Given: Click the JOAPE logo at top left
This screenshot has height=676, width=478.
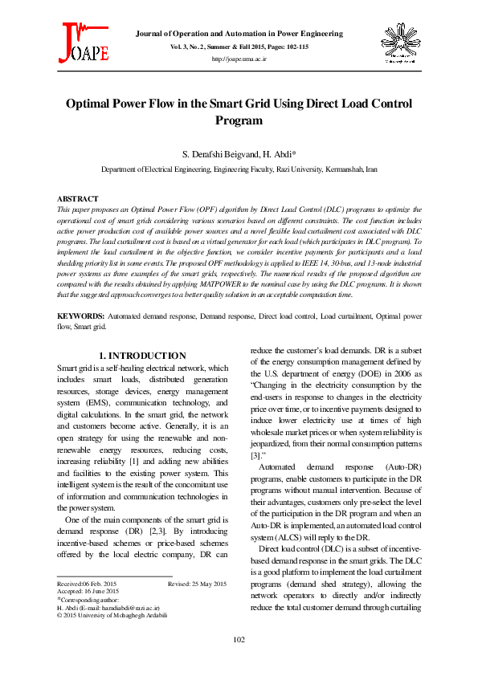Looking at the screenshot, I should coord(83,43).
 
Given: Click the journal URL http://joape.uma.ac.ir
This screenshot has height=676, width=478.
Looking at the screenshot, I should coord(239,59).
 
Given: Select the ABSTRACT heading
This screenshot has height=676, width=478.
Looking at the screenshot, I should coord(78,198).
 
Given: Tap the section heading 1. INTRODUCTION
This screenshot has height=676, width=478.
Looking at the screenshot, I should coord(142,356).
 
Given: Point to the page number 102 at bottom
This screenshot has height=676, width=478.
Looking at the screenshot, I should coord(239,639).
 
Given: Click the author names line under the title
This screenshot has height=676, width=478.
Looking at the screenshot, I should coord(239,153).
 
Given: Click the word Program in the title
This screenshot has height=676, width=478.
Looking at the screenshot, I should coord(239,120).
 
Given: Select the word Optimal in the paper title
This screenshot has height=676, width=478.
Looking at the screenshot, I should coord(91,104).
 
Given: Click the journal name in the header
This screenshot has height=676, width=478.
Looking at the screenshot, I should coord(239,34).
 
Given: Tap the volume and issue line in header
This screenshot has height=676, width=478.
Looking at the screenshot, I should coord(239,47).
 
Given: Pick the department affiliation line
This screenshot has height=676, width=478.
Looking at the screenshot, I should coord(239,170).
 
